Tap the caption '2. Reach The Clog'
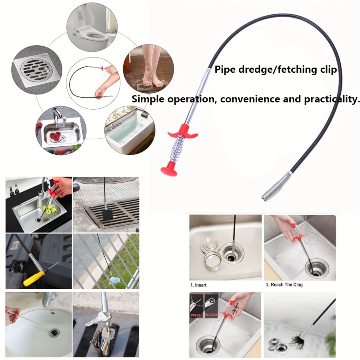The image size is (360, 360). pos(284,285)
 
